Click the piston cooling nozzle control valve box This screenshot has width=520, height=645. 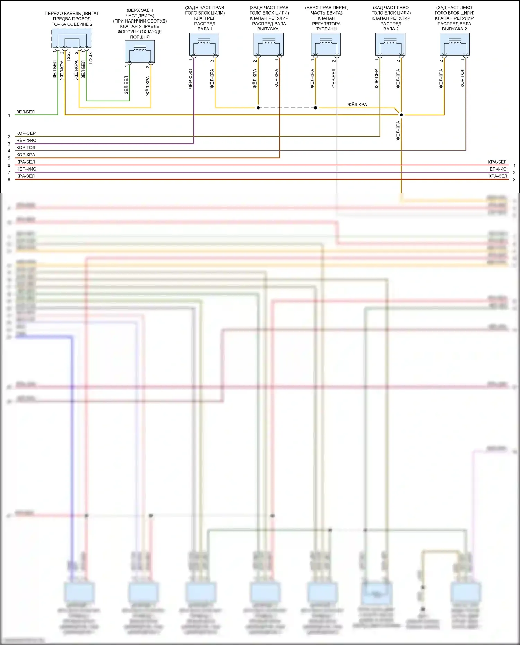tap(140, 51)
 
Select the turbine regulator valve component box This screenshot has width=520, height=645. tap(326, 44)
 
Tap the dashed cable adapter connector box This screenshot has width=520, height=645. tap(72, 38)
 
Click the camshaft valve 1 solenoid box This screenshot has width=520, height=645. tap(204, 44)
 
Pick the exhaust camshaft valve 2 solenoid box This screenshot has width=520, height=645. tap(454, 44)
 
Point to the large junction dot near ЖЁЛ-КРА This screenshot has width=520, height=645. tap(401, 115)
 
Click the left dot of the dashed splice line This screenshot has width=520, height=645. tap(258, 108)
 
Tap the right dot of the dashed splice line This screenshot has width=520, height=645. tap(315, 108)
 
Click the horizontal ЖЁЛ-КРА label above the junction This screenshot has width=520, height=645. tap(357, 105)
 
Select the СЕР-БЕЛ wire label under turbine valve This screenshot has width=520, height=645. tap(334, 78)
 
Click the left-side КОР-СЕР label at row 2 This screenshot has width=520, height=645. tap(26, 133)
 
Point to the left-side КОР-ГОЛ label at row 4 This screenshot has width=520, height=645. tap(26, 148)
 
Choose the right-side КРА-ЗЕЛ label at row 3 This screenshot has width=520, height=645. tap(498, 176)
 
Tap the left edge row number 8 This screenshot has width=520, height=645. tap(9, 180)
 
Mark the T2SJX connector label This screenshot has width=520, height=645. tap(91, 58)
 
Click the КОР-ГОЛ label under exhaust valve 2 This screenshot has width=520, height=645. tap(462, 78)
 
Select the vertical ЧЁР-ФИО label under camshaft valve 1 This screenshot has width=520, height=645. tap(190, 79)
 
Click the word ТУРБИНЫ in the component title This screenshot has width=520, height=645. tap(327, 29)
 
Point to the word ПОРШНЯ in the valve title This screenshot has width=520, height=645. tap(140, 37)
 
